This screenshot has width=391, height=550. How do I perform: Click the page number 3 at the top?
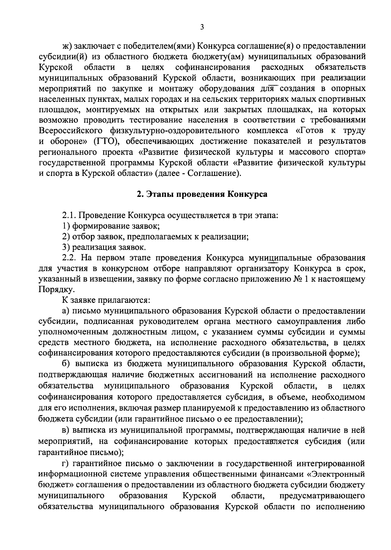pyautogui.click(x=202, y=28)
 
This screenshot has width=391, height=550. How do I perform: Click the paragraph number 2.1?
pyautogui.click(x=70, y=215)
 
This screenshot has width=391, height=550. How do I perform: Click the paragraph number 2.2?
pyautogui.click(x=70, y=258)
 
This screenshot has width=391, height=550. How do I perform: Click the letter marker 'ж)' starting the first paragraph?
pyautogui.click(x=66, y=46)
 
